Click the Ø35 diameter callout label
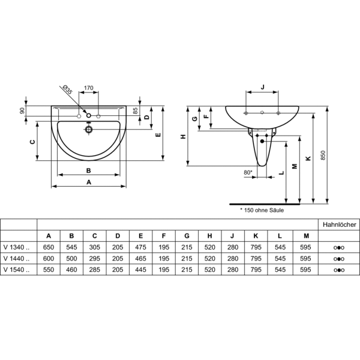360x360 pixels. (x=67, y=89)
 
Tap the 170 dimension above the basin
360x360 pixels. (x=89, y=88)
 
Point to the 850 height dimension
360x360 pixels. (x=323, y=155)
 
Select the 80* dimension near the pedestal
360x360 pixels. (x=248, y=172)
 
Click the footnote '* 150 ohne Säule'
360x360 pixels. (x=262, y=210)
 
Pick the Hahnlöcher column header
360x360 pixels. (x=340, y=224)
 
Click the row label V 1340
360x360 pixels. (x=17, y=247)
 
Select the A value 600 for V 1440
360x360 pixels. (x=49, y=259)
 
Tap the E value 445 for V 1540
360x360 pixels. (x=140, y=269)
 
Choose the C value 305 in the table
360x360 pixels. (x=95, y=247)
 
